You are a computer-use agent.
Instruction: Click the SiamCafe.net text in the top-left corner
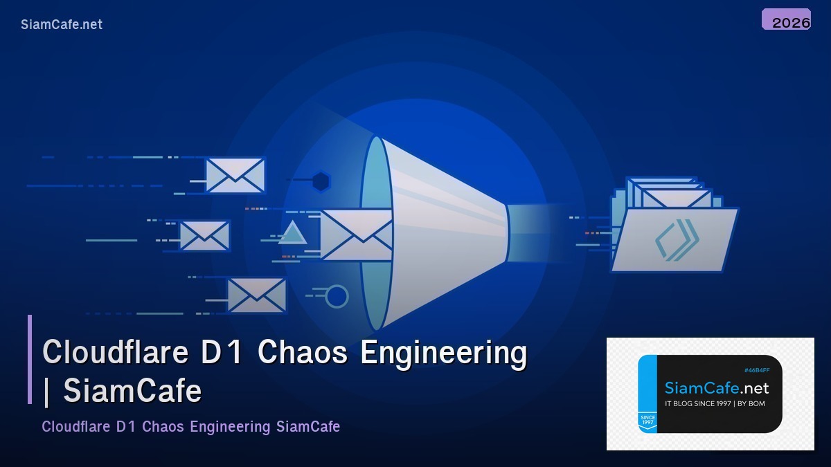(62, 24)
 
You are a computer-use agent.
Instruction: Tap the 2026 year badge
(787, 21)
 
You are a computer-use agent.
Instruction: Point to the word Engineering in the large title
(444, 353)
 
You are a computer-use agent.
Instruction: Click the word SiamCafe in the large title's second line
(132, 391)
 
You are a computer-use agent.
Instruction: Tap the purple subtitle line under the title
(190, 426)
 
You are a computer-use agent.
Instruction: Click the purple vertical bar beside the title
(30, 359)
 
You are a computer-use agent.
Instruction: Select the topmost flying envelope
(235, 175)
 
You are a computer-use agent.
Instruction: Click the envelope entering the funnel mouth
(355, 235)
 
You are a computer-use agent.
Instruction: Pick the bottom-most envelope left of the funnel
(256, 295)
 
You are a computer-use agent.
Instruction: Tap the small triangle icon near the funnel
(293, 234)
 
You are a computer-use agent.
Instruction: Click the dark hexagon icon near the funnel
(320, 181)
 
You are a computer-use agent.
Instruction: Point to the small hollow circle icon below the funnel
(337, 296)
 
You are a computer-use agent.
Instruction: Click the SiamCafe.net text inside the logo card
(716, 388)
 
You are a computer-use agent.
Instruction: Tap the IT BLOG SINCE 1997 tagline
(715, 403)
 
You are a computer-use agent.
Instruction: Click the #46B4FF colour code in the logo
(756, 370)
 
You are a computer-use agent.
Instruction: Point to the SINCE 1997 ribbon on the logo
(647, 420)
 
